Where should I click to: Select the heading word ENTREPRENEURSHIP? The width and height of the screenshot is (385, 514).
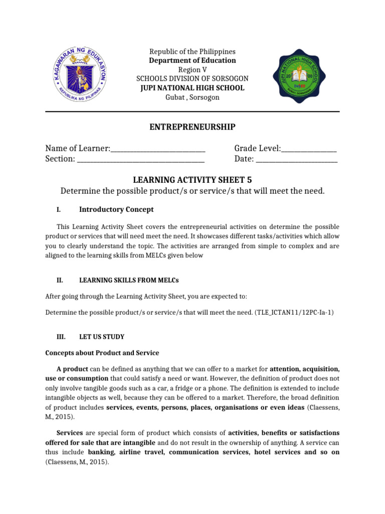click(x=192, y=127)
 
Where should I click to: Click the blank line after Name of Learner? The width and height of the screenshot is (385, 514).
click(x=158, y=149)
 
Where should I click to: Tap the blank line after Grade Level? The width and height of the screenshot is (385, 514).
click(x=309, y=149)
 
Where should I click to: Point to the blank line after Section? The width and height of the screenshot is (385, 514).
click(x=140, y=160)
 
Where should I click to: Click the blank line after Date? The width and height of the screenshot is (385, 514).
click(x=297, y=160)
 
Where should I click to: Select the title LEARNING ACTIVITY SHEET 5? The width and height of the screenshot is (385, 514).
click(x=192, y=180)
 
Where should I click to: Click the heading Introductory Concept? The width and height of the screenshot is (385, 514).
click(x=116, y=209)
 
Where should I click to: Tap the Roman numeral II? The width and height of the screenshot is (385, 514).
click(x=60, y=280)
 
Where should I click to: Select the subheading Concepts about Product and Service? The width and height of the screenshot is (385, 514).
click(x=102, y=353)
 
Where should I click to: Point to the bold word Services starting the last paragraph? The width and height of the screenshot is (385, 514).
click(x=70, y=433)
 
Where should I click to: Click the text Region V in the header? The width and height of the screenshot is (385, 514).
click(x=192, y=70)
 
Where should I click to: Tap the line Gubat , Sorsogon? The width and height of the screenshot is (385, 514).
click(x=192, y=97)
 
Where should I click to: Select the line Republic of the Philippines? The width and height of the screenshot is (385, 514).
click(x=192, y=52)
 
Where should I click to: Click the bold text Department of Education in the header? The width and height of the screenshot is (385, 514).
click(x=192, y=61)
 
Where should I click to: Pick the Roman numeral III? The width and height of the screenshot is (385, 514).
click(x=61, y=337)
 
